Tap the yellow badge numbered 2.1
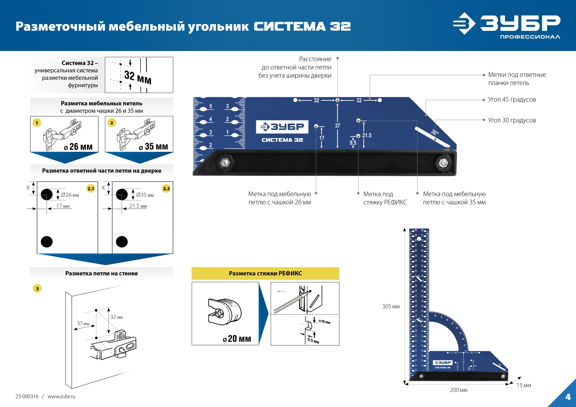click(x=91, y=188)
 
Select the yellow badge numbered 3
click(x=37, y=289)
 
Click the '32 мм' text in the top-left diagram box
click(x=138, y=77)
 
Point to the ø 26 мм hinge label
click(x=78, y=147)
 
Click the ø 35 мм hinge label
click(x=153, y=147)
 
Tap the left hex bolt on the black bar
click(x=225, y=163)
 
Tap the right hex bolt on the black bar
click(x=443, y=163)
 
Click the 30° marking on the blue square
click(x=435, y=132)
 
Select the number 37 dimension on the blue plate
click(x=337, y=126)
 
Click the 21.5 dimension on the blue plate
click(x=367, y=135)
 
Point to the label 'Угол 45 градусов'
click(x=512, y=100)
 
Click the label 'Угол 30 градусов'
click(x=512, y=120)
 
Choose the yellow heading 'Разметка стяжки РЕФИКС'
click(x=265, y=273)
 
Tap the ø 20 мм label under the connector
click(x=237, y=339)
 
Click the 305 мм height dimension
click(x=391, y=307)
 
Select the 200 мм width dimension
click(x=458, y=390)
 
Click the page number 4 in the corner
click(x=568, y=397)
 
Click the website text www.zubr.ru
click(x=61, y=397)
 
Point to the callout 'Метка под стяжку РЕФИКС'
click(x=385, y=198)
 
